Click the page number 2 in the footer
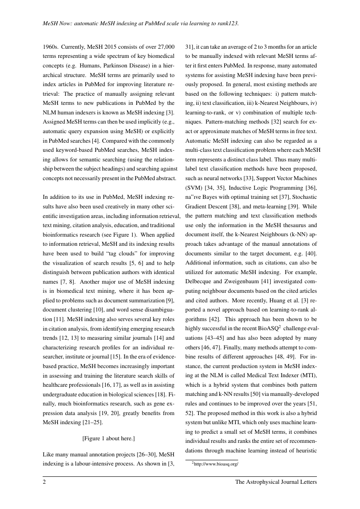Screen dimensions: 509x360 (x=44, y=482)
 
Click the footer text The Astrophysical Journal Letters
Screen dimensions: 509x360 (x=276, y=482)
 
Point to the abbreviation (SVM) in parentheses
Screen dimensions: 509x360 (x=195, y=188)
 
